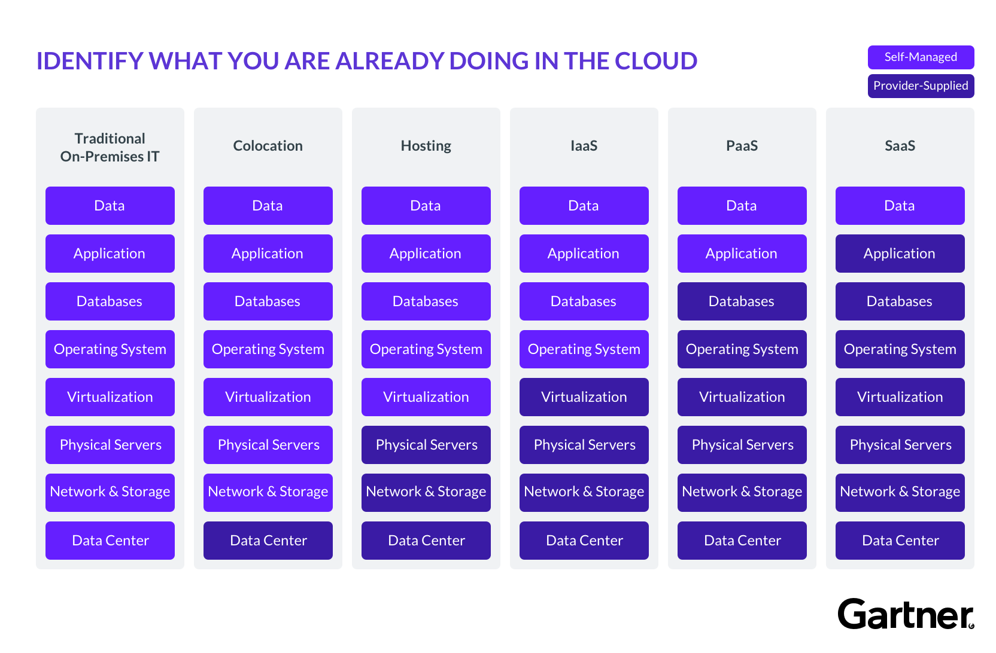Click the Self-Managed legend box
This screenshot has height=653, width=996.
[921, 57]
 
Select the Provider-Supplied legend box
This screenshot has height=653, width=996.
[921, 86]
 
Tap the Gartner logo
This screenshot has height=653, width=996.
[905, 614]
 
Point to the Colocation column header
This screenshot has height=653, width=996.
[268, 146]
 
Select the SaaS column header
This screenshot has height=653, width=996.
[900, 146]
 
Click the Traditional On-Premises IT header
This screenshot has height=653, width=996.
[110, 147]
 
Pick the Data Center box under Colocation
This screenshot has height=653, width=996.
[268, 541]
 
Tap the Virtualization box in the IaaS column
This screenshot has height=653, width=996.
[584, 397]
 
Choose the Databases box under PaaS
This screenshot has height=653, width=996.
[742, 301]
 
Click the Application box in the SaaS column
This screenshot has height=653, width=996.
[900, 254]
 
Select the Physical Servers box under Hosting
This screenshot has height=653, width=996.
[426, 445]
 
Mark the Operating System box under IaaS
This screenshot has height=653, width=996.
[584, 349]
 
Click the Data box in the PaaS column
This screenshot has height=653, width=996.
[742, 206]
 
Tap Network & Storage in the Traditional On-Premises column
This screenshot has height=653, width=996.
[110, 492]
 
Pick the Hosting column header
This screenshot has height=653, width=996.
[426, 146]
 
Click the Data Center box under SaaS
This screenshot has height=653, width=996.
[900, 541]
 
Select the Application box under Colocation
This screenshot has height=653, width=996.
[268, 254]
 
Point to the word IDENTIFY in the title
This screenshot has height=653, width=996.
[89, 61]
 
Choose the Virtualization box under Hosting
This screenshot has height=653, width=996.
[426, 397]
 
